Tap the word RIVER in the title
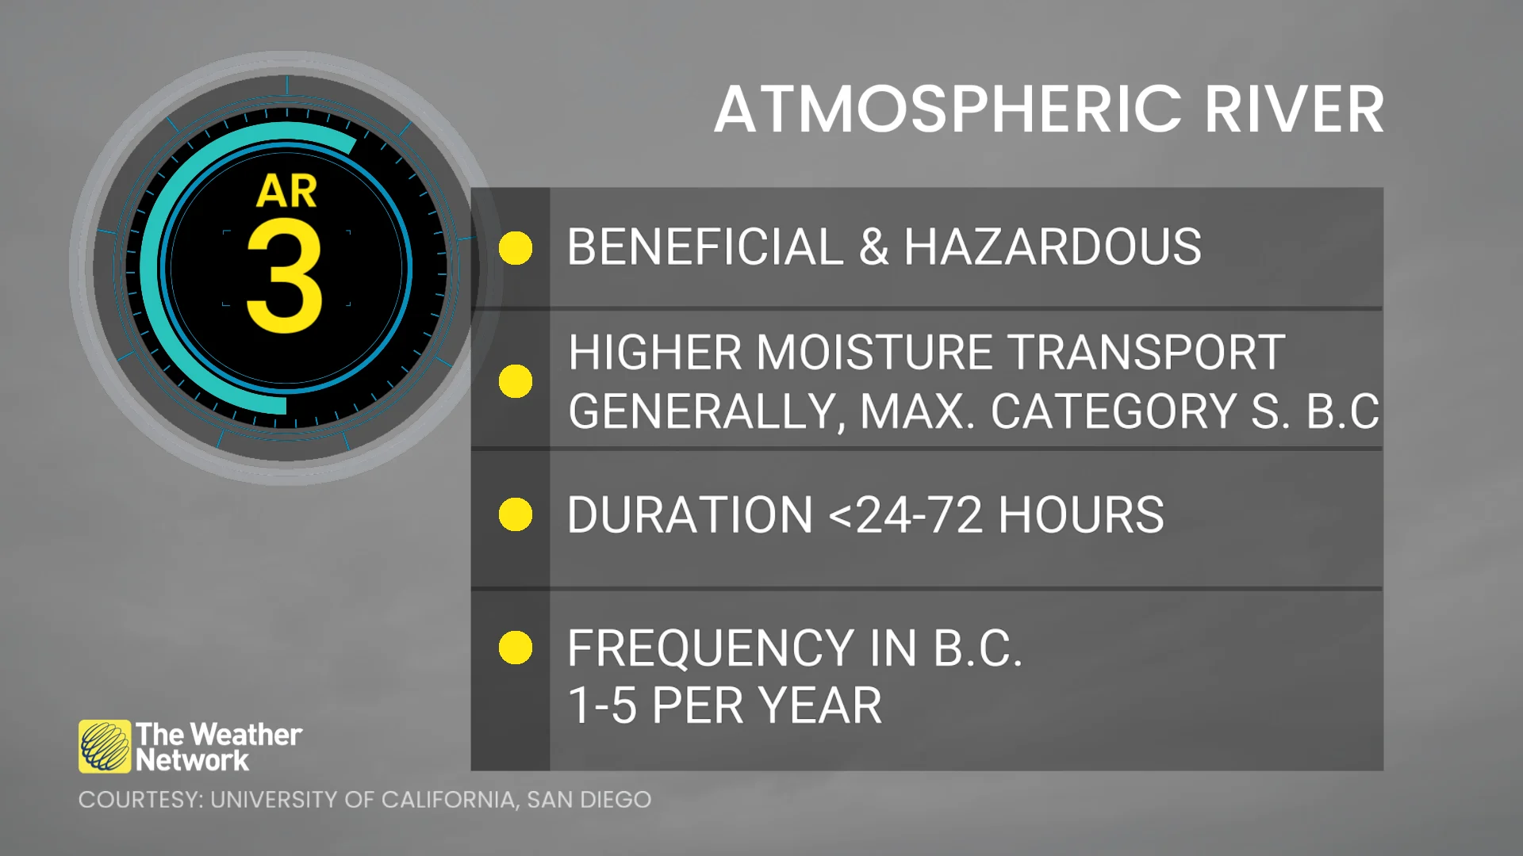pyautogui.click(x=1295, y=109)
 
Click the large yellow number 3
pyautogui.click(x=285, y=275)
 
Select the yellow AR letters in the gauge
pyautogui.click(x=286, y=191)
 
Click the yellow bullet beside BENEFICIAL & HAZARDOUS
pyautogui.click(x=516, y=248)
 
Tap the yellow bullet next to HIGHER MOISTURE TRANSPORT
pyautogui.click(x=516, y=381)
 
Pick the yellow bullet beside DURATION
pyautogui.click(x=516, y=514)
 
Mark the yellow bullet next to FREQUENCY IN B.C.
pyautogui.click(x=516, y=648)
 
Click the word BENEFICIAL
pyautogui.click(x=706, y=246)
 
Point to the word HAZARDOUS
pyautogui.click(x=1053, y=246)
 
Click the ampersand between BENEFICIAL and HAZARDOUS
pyautogui.click(x=874, y=246)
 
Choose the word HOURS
pyautogui.click(x=1081, y=515)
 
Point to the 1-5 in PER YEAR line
pyautogui.click(x=602, y=705)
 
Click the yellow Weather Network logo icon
pyautogui.click(x=105, y=746)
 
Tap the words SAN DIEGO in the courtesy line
pyautogui.click(x=589, y=800)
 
